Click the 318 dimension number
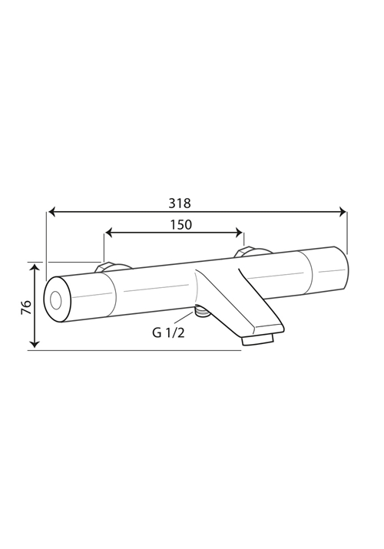(180, 203)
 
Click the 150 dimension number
(181, 225)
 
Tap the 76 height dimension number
(27, 307)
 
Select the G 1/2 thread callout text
(168, 332)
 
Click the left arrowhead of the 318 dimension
(51, 211)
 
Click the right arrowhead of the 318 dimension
(343, 211)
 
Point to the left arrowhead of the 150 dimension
(109, 232)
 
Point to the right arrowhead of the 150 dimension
(239, 232)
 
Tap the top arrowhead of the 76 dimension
(35, 268)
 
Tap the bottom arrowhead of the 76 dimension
(35, 344)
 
